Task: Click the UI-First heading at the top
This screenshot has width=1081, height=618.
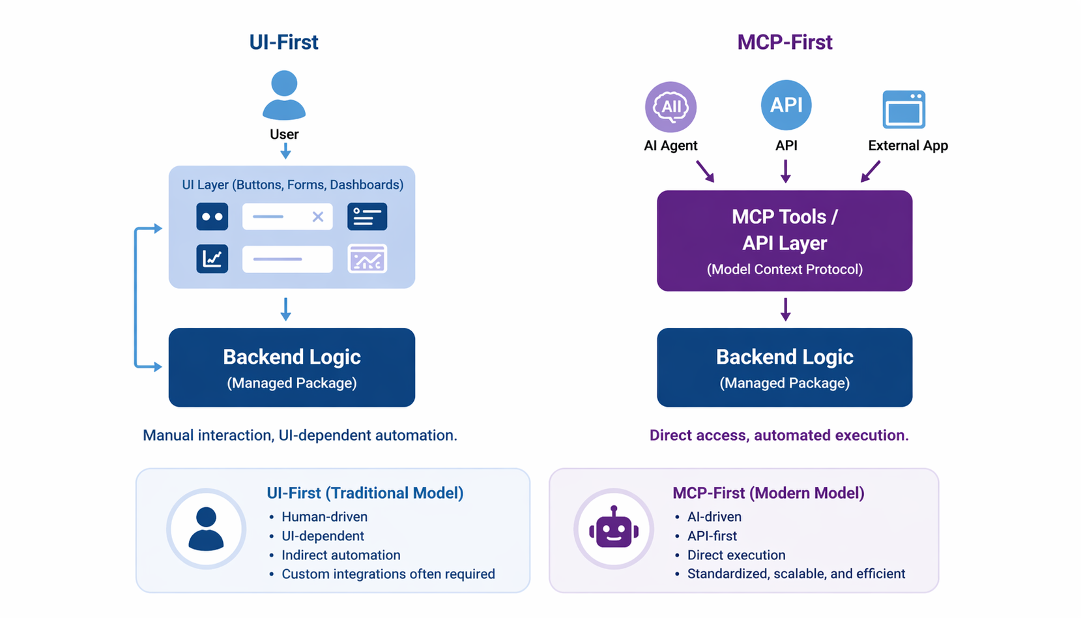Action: point(283,42)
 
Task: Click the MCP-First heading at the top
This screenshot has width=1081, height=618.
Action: point(785,42)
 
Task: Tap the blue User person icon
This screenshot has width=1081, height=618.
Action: point(283,95)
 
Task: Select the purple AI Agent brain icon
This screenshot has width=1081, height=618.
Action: point(670,107)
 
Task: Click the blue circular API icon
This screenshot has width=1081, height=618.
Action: point(786,105)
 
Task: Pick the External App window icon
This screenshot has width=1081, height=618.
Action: point(904,110)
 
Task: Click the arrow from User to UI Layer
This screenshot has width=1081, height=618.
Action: point(285,151)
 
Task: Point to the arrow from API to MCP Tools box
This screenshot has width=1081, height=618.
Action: point(786,171)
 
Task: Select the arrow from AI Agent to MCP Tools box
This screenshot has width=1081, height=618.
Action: point(705,171)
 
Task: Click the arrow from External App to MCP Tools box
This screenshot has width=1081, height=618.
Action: point(871,171)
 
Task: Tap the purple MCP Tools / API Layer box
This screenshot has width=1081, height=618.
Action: point(785,241)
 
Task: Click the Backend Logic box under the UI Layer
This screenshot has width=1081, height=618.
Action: point(292,368)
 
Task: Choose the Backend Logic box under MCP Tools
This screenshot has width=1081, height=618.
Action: point(785,368)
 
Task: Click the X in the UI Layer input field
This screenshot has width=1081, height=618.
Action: point(317,216)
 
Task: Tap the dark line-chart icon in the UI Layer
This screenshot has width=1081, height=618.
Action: point(212,259)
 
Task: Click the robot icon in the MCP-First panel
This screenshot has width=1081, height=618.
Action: point(614,527)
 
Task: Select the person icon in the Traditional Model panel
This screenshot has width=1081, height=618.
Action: point(206,529)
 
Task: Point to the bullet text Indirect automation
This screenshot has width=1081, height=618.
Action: point(341,555)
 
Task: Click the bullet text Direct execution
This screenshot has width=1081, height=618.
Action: point(736,555)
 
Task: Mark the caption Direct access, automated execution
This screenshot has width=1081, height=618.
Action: point(779,435)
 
